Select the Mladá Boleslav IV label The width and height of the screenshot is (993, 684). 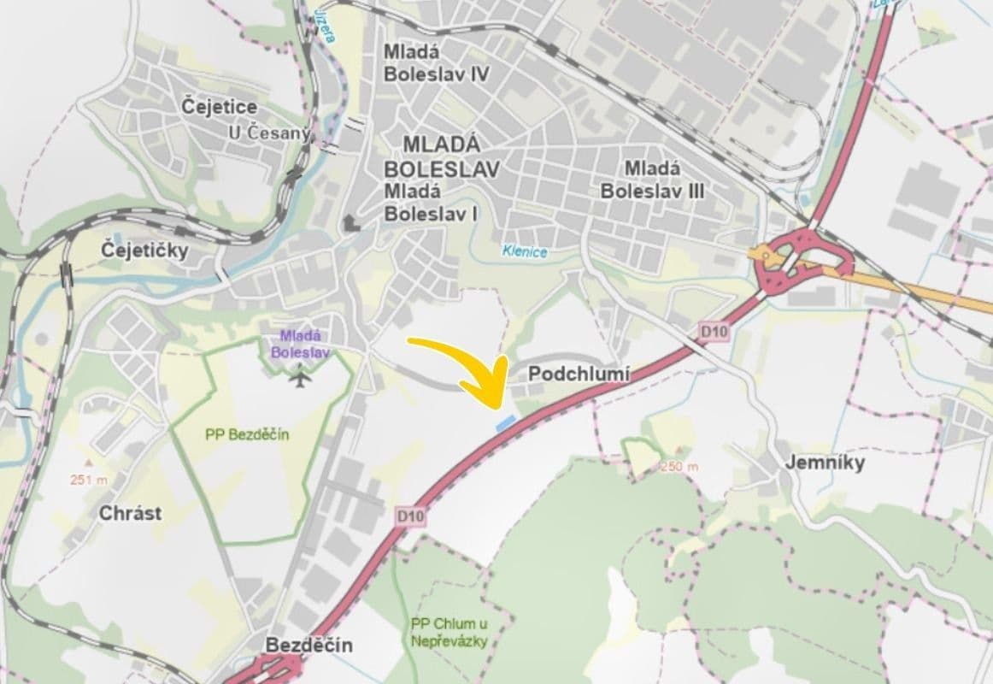tap(436, 62)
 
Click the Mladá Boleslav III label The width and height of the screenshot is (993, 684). tap(652, 180)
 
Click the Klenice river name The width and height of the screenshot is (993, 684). tap(524, 252)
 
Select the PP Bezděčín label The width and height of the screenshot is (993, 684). tap(248, 434)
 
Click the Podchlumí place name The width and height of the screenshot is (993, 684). tap(579, 374)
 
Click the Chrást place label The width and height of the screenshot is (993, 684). tap(131, 514)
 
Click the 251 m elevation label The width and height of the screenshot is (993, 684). tap(89, 481)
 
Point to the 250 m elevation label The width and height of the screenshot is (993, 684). tap(679, 467)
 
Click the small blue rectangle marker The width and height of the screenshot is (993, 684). tap(507, 422)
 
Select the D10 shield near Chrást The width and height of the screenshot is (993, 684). tap(411, 516)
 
